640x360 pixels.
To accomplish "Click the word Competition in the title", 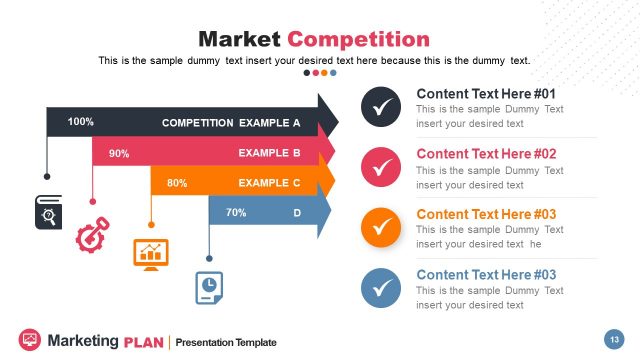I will coord(358,40).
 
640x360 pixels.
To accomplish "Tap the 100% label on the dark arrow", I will coord(81,122).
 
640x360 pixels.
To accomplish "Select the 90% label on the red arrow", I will coord(119,153).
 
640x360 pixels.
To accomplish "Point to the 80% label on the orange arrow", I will coord(177,183).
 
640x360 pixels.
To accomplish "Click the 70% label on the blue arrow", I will coord(236,213).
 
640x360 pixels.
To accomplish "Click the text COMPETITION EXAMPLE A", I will coord(231,124).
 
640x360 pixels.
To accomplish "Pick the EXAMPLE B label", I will coord(269,153).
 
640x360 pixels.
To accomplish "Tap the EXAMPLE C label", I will coord(269,183).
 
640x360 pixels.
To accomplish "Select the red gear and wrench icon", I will coord(92,236).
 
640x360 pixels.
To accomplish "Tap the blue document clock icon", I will coord(208,285).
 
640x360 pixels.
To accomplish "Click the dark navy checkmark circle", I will coord(380,107).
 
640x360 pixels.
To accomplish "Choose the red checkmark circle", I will coord(380,167).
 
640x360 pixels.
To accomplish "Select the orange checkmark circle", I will coord(380,227).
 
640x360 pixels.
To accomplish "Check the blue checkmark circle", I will coord(380,288).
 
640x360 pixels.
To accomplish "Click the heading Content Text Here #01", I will coord(486,94).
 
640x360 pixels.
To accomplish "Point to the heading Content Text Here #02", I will coord(486,154).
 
